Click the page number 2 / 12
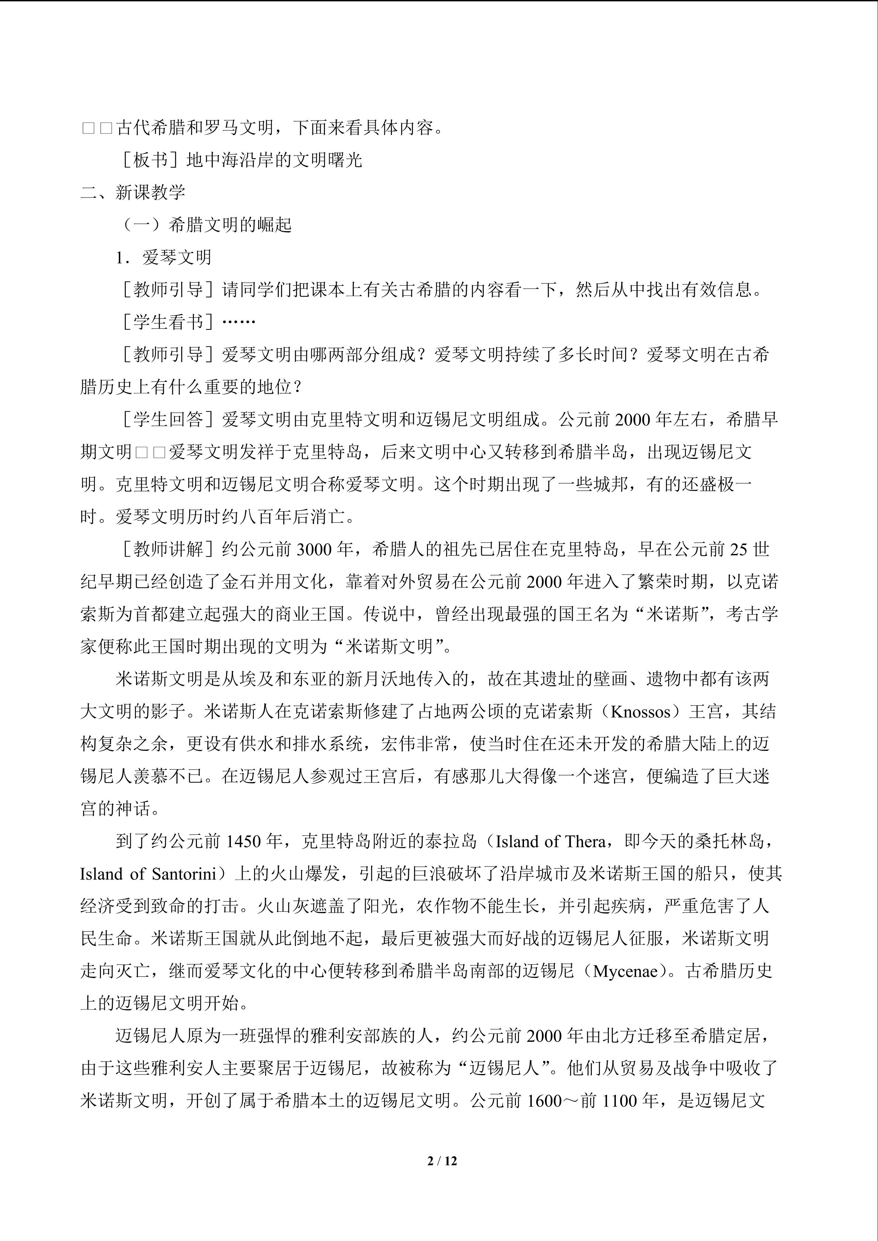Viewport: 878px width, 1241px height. pyautogui.click(x=442, y=1160)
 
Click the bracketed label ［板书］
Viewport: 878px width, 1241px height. pyautogui.click(x=150, y=160)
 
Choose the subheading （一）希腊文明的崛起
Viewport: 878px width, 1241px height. pyautogui.click(x=204, y=225)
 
